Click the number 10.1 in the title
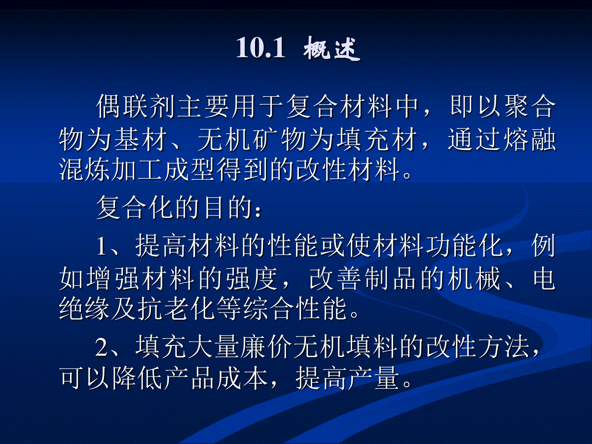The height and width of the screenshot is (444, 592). pos(260,48)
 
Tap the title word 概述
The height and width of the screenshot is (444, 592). pos(332,48)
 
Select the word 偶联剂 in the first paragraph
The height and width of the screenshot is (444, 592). pos(135,107)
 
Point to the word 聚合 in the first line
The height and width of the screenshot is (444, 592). pos(530,107)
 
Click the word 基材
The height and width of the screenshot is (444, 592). pos(140,140)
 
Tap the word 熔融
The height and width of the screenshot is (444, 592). pos(530,140)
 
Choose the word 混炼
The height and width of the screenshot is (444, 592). pos(84,170)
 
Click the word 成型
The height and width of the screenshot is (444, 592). pos(189,170)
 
